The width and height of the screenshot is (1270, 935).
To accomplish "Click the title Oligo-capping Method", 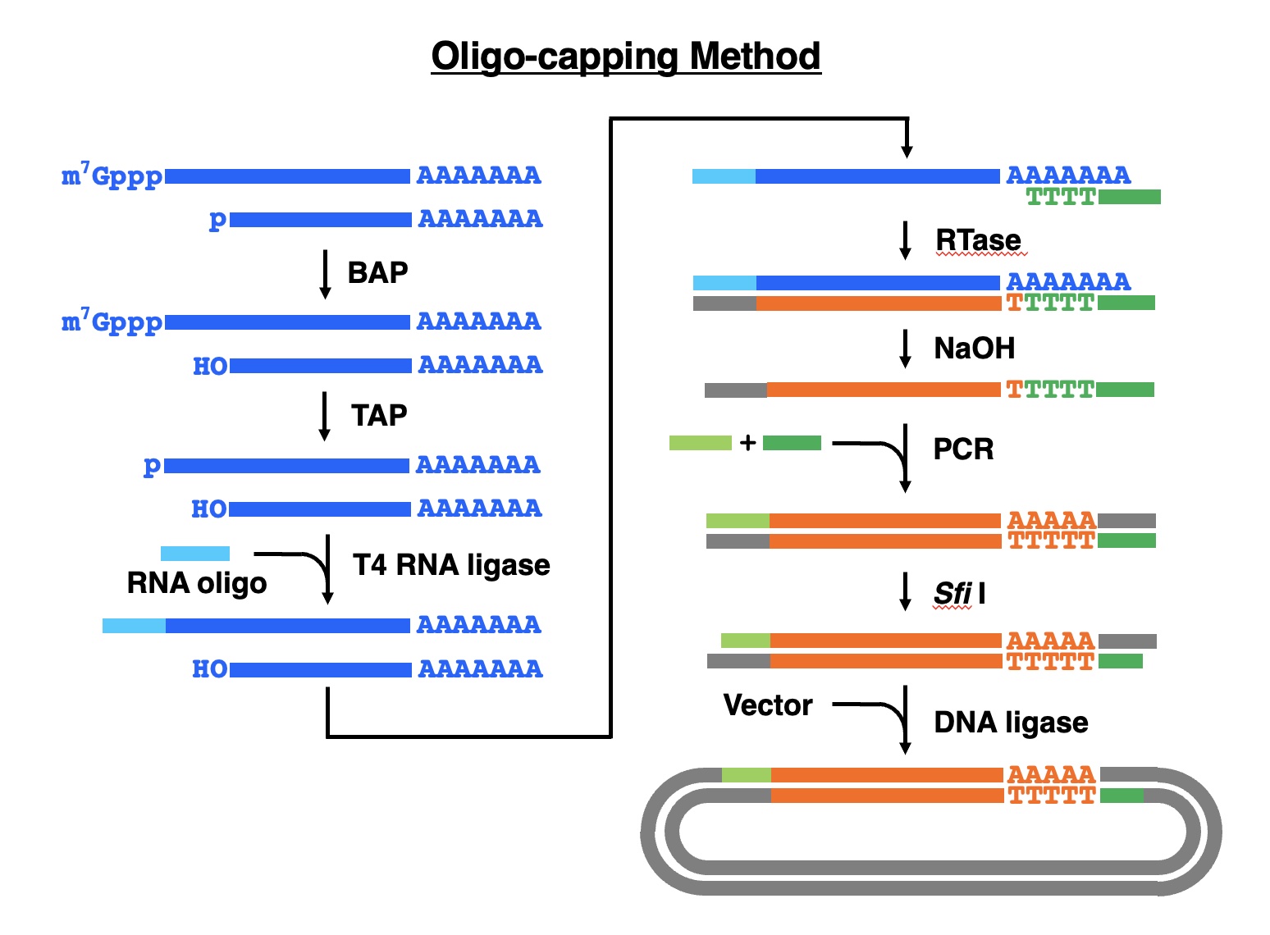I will pos(626,57).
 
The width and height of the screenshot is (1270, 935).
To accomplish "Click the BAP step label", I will pos(377,272).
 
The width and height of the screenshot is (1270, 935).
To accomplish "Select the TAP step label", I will pos(379,415).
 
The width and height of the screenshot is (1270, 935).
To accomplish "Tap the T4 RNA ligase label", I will pos(451,565).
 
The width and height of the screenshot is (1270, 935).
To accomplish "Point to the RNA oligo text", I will pos(197,583).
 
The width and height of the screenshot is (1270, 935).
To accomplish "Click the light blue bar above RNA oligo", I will pos(195,554).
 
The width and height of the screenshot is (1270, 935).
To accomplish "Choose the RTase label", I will pos(978,240).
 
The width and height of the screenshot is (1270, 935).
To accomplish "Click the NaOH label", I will pos(975,349).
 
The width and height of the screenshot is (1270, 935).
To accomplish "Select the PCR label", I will pos(963,449).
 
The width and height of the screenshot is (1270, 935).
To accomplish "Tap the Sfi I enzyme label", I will pos(959,593).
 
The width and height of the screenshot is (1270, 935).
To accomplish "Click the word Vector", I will pos(768,705).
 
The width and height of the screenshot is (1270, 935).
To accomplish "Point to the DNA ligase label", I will pos(1011,723).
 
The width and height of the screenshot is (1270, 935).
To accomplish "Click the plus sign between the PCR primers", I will pos(747,443).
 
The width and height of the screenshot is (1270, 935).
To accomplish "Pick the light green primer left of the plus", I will pos(701,443).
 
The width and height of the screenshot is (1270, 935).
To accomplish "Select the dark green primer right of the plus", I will pos(792,443).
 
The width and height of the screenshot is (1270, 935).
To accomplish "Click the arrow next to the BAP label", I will pos(325,274).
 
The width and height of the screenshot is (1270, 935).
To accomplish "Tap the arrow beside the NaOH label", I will pos(906,349).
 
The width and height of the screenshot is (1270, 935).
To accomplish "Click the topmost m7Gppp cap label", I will pos(112,176).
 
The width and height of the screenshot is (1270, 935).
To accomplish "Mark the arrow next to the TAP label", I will pos(325,416).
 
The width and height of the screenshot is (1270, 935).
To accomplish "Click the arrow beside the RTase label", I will pos(906,240).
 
